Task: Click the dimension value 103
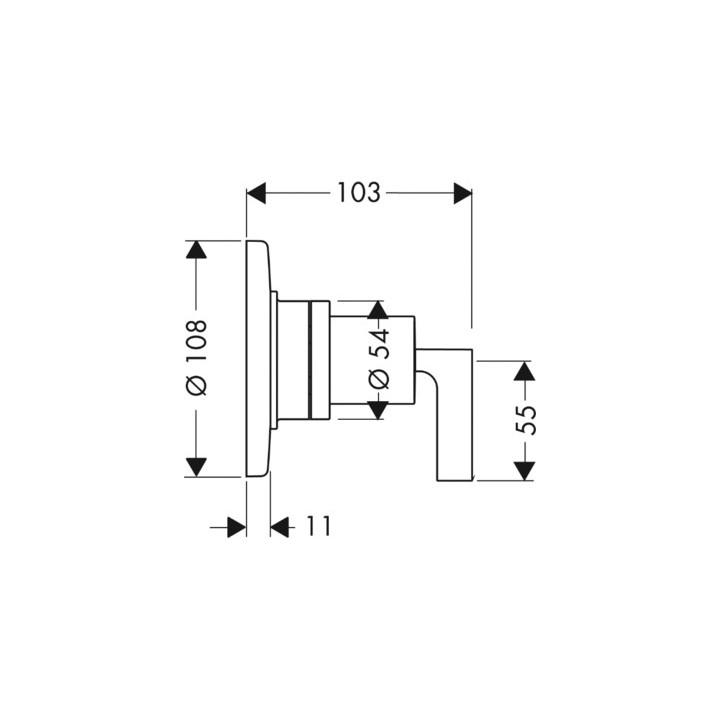359,193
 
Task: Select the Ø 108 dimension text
195,357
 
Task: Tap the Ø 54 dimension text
377,358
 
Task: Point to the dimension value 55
526,420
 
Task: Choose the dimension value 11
317,526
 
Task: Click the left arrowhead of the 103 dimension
256,193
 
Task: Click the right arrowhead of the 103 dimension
462,193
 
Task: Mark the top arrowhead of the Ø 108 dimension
196,250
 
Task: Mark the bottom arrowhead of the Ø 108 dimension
196,466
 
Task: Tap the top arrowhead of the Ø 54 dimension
377,309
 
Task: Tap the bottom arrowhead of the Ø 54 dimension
377,408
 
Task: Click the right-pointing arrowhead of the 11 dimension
236,526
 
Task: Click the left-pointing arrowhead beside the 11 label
280,526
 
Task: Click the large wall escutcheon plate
256,358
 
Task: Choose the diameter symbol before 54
377,379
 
